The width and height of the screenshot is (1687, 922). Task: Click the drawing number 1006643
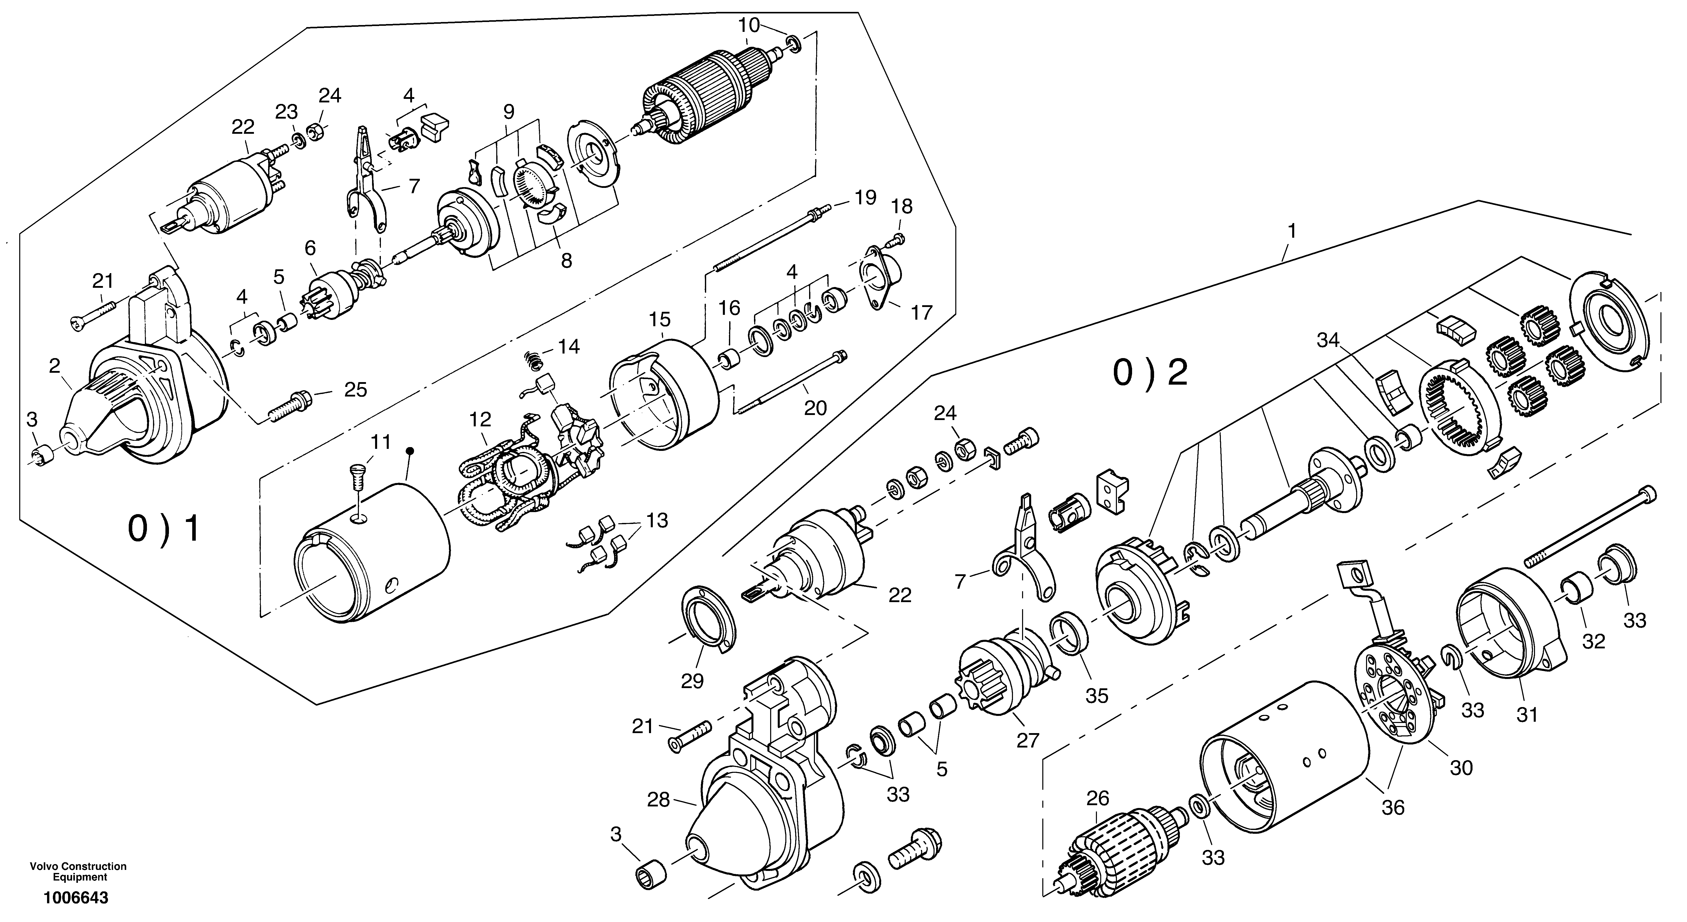[76, 898]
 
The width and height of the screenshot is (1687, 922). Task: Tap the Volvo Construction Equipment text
[78, 872]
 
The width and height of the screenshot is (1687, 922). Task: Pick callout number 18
[902, 206]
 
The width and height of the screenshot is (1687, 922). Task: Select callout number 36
[1393, 807]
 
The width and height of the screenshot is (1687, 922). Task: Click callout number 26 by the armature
[1098, 798]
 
